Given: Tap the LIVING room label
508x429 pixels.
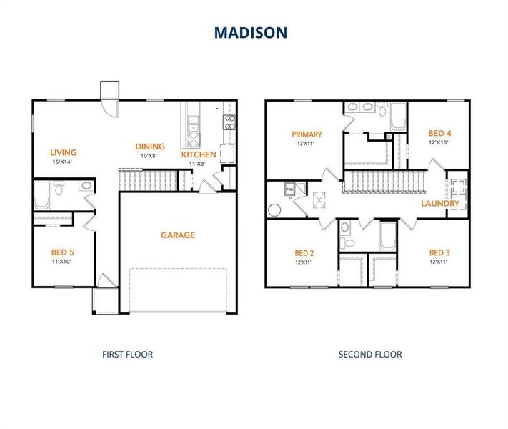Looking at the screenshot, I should coord(64,152).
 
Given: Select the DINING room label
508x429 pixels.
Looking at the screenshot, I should coord(150,147).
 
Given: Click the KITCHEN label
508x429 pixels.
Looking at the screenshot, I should coord(199,154).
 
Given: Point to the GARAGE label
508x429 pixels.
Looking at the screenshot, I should coord(178,235).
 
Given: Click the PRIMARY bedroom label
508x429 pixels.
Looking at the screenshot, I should coord(307,134).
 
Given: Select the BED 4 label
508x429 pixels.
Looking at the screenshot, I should coord(439,133).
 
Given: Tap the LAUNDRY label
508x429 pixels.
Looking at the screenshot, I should coord(440,204).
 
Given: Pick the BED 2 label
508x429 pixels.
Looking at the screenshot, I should coord(304,252).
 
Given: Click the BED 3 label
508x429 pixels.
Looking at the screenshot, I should coord(439,252).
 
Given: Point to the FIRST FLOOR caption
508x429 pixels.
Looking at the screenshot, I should coord(127,354).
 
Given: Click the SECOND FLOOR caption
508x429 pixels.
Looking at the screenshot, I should coord(370,354).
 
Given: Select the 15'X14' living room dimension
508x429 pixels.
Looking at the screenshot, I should coord(64,162).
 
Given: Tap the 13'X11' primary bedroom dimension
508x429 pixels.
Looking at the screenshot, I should coord(307,144).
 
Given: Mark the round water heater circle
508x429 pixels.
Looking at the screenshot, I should coord(274,211).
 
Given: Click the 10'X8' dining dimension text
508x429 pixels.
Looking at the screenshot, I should coord(150,156).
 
